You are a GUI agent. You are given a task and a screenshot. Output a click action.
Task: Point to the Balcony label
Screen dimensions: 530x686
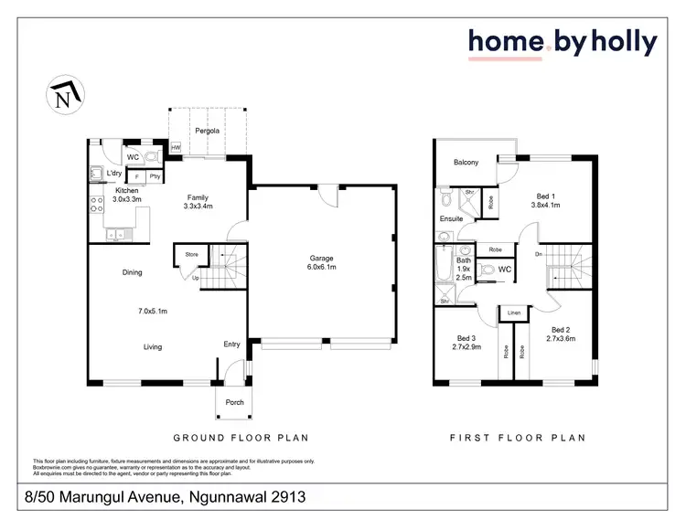[x=466, y=163]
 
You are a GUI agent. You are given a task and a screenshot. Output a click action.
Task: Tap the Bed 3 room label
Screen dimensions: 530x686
[x=466, y=343]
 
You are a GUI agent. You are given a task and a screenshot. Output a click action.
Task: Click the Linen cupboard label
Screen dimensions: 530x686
[x=513, y=314]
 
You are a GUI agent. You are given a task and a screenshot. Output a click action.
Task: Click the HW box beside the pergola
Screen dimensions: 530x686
[x=177, y=148]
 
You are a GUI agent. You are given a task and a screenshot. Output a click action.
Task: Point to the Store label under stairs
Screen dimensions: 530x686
[x=192, y=255]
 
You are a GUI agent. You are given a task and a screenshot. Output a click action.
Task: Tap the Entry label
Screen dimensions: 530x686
[x=231, y=344]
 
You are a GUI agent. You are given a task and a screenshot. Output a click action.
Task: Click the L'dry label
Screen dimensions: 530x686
[x=114, y=174]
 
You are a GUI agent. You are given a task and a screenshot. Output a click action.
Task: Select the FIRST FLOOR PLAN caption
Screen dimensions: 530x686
[x=517, y=438]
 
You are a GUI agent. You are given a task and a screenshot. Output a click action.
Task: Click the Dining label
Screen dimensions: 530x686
[x=133, y=272]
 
